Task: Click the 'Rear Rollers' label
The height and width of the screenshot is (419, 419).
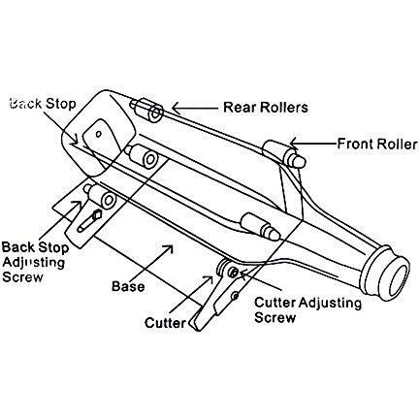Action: [266, 108]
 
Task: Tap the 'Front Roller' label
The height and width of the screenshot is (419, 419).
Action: [377, 144]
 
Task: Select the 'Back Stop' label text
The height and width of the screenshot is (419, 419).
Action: [43, 104]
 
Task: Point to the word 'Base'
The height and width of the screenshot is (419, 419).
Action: [128, 286]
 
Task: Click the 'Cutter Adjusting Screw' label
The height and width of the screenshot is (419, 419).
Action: [307, 310]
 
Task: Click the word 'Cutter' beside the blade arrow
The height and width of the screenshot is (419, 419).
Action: [165, 323]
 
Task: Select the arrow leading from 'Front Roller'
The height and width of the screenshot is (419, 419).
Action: [313, 143]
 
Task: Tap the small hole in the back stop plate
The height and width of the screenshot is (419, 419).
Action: [99, 134]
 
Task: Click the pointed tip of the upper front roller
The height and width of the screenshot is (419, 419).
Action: [300, 162]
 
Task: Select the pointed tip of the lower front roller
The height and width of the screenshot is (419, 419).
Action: [274, 234]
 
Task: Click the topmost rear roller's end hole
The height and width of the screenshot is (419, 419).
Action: [156, 113]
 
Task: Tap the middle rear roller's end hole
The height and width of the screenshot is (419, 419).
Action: [150, 159]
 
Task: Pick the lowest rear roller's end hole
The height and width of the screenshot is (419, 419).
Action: [109, 201]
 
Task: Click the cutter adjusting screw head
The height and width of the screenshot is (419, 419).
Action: [232, 272]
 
